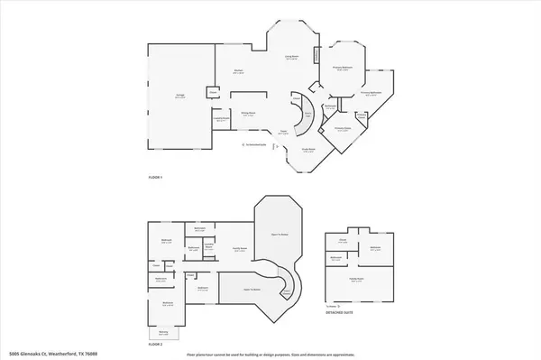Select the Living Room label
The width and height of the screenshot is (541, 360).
(291, 56)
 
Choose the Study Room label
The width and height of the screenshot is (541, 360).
(307, 151)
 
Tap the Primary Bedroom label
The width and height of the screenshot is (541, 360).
(343, 69)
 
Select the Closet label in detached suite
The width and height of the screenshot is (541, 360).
(343, 241)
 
